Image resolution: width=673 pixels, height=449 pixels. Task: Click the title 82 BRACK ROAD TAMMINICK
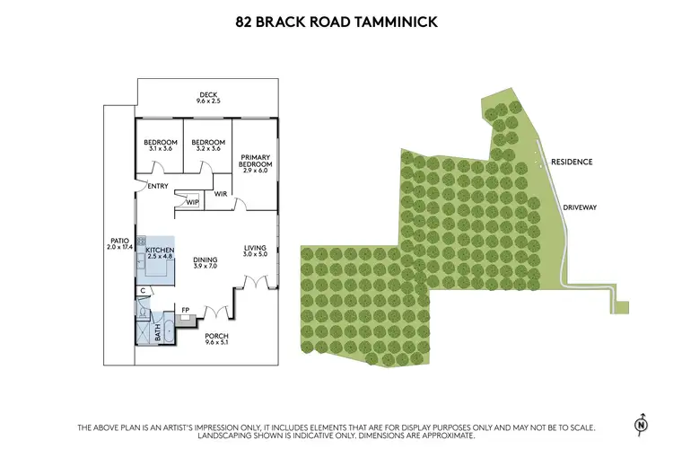336,21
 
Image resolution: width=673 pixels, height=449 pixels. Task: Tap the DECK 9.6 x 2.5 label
208,98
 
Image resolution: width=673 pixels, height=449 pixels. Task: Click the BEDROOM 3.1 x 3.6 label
159,145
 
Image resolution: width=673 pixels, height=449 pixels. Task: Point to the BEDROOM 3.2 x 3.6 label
207,145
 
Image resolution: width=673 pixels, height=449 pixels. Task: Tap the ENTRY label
159,187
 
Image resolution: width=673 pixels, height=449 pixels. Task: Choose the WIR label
220,194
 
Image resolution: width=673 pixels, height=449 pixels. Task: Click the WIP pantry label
192,202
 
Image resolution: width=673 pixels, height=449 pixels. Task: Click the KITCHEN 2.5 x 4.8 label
160,253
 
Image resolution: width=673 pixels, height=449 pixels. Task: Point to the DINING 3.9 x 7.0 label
205,263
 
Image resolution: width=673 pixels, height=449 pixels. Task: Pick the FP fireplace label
186,311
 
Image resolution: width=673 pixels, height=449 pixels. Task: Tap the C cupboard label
143,291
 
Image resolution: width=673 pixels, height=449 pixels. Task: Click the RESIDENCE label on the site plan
572,162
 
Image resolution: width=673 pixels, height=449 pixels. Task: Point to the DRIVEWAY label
580,207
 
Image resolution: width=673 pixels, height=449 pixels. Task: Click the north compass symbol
641,424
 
